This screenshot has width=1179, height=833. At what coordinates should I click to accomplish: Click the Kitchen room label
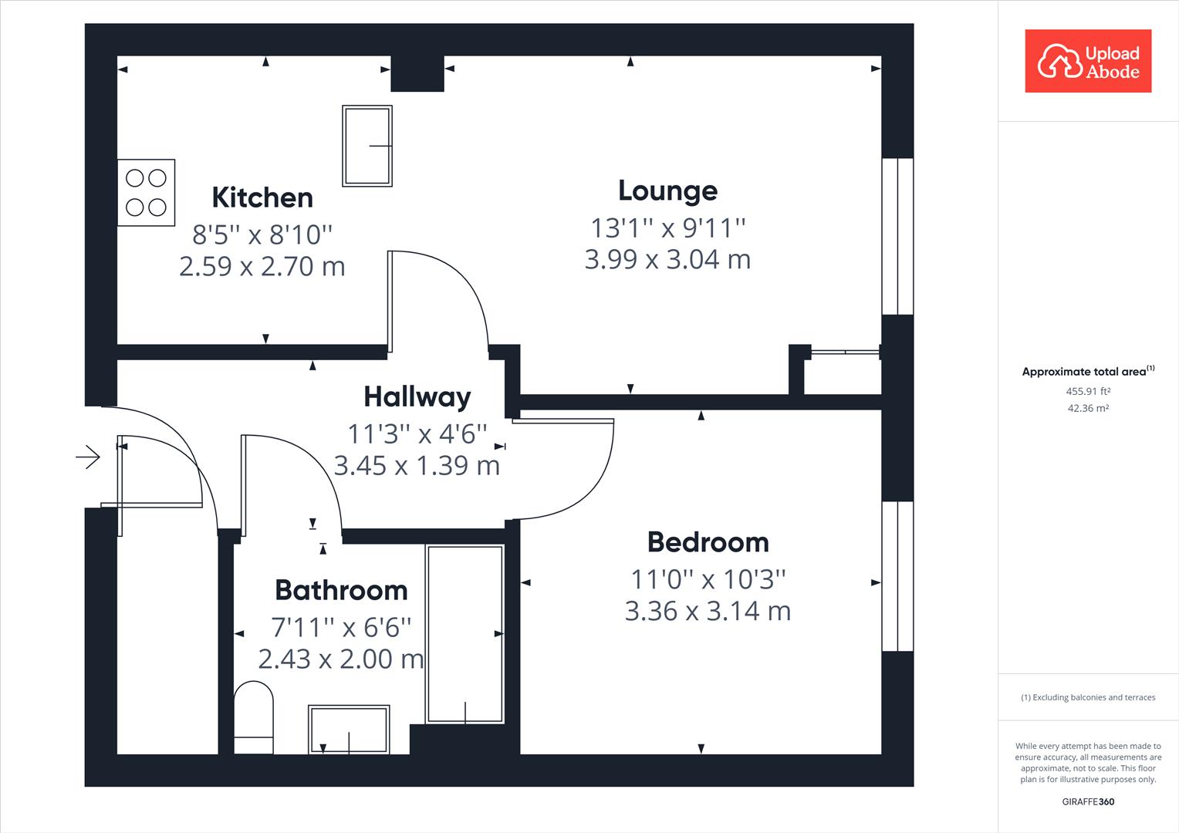262,197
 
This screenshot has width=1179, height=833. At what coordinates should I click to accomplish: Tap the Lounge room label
667,191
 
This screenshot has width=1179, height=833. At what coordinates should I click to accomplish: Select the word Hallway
417,396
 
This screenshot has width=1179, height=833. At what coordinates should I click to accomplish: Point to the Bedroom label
708,542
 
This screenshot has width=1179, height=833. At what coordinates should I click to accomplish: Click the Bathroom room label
341,590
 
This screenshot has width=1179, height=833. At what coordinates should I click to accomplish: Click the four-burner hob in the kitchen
146,192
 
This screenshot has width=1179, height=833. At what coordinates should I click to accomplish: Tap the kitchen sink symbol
367,146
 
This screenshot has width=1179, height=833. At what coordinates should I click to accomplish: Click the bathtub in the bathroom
465,633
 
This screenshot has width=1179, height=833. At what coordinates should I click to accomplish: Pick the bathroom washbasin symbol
349,729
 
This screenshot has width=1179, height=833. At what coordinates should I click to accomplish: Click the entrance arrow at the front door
88,457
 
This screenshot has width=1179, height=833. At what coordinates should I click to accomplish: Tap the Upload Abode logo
1088,62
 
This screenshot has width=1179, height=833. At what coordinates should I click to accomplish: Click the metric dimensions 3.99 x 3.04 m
667,259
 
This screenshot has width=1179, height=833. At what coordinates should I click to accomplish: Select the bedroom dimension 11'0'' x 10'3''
708,578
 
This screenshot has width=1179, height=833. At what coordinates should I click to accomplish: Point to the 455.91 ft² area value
1088,391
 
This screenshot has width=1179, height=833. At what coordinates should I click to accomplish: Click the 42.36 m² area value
1088,408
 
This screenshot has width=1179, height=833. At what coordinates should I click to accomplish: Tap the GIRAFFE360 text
1088,801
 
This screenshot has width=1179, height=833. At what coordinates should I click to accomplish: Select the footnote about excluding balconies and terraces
1088,697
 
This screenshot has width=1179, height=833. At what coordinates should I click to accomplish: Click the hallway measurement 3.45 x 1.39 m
417,466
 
